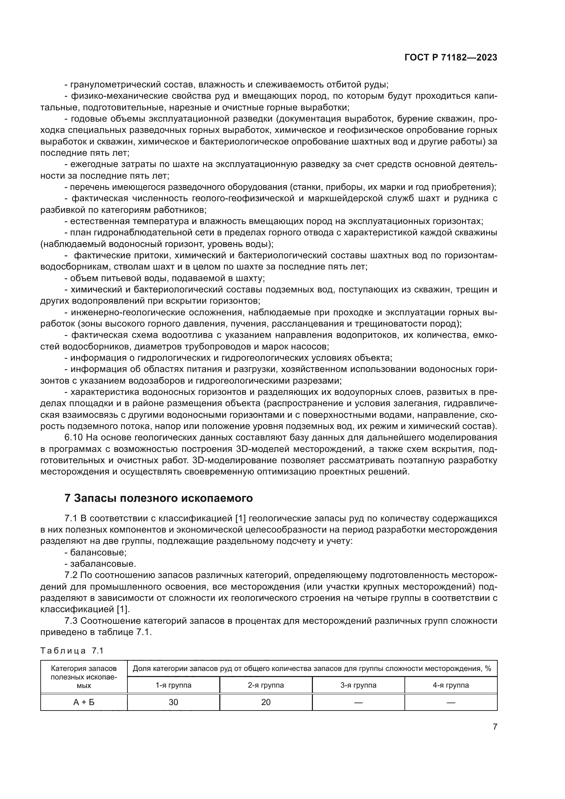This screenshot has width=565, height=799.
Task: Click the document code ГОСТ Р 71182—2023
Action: [x=451, y=57]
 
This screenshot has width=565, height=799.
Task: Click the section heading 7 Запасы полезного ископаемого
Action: [x=158, y=498]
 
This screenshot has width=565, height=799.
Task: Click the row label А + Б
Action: [x=84, y=702]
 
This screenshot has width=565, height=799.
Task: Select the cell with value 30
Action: [x=173, y=702]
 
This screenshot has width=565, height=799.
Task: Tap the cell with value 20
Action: [x=266, y=702]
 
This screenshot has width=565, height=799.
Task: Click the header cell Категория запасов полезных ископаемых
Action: [x=84, y=677]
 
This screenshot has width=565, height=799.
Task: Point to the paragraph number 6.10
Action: [x=73, y=438]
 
